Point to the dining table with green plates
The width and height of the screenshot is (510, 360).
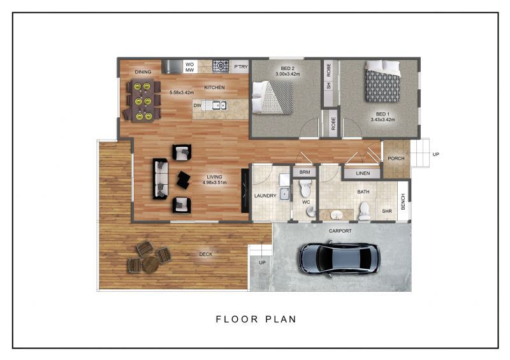tap(142, 101)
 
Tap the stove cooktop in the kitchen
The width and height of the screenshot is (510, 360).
tap(220, 65)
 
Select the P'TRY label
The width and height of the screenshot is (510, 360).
tap(240, 66)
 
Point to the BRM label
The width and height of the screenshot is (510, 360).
tap(304, 173)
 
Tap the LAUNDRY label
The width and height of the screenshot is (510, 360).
tap(265, 196)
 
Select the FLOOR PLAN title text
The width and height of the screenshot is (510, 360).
tap(256, 319)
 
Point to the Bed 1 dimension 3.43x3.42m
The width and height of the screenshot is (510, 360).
tap(382, 119)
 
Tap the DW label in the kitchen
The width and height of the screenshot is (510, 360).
tap(198, 106)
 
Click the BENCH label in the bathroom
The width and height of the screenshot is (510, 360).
tap(402, 203)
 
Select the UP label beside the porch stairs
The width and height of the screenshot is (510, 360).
tap(435, 154)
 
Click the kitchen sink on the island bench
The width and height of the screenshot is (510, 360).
tap(218, 105)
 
